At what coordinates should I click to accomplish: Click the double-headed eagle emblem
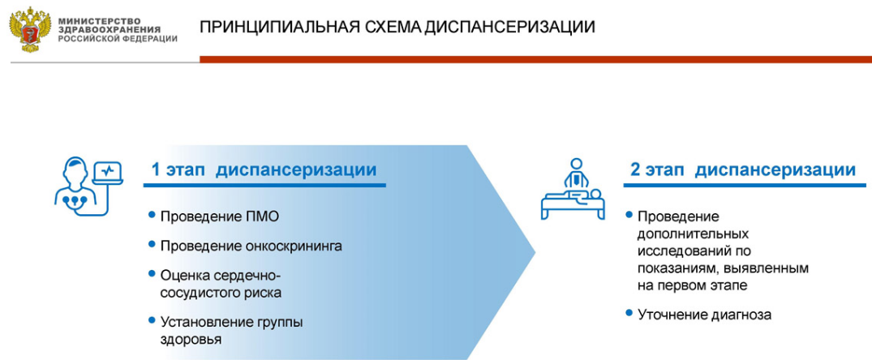click(29, 30)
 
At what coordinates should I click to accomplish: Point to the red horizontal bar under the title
click(535, 59)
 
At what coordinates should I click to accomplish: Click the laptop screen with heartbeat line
click(110, 173)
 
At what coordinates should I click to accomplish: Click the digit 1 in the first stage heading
click(157, 170)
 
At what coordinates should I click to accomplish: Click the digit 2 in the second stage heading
click(635, 170)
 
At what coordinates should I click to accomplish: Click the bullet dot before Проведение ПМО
click(152, 214)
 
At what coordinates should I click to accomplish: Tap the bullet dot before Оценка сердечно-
click(152, 274)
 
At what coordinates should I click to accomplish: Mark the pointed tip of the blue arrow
click(535, 253)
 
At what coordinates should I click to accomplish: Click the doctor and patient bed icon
click(572, 188)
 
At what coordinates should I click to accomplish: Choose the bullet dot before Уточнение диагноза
click(629, 313)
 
